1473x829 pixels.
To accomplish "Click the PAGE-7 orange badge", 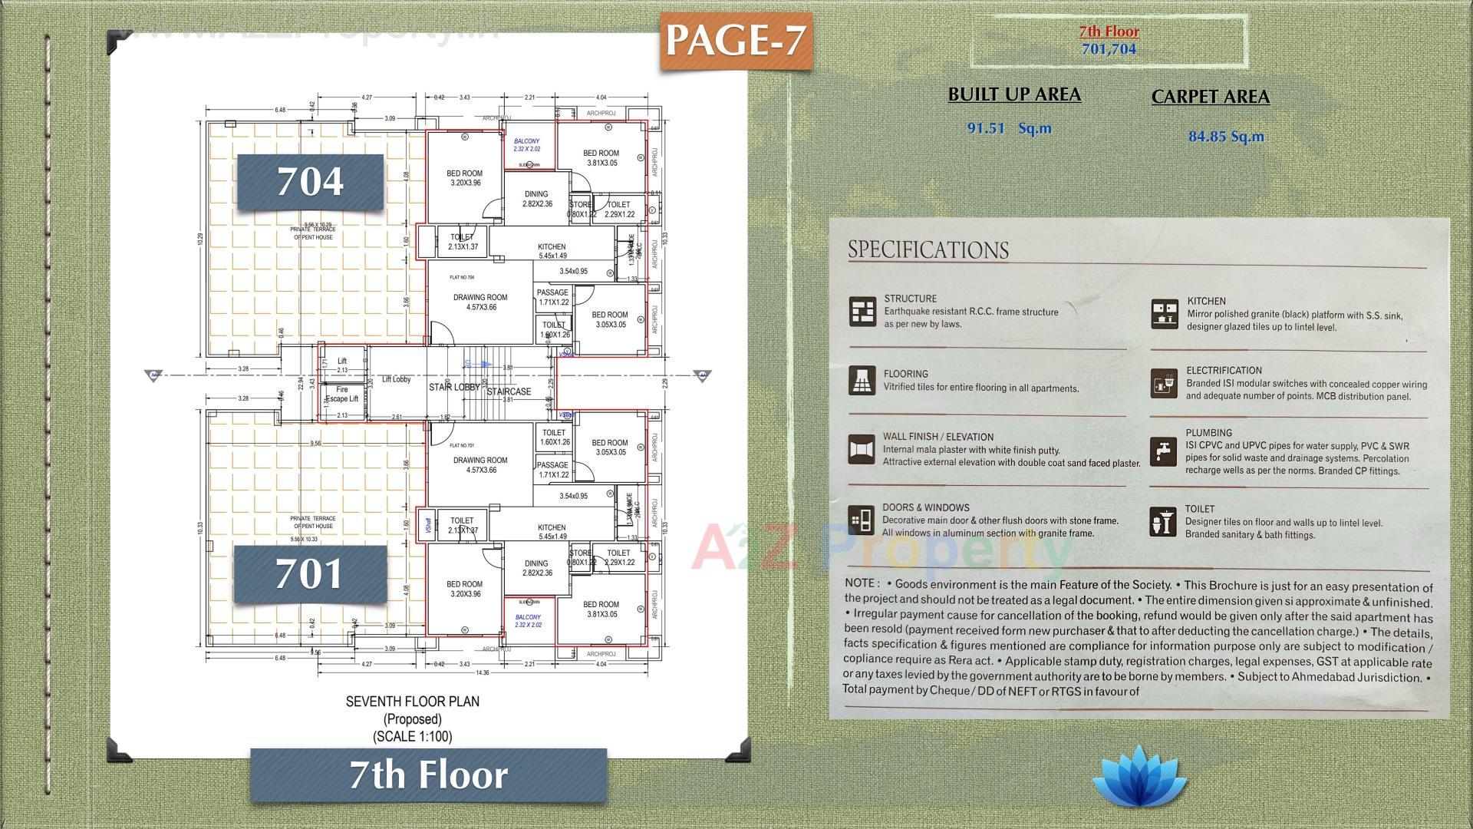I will pyautogui.click(x=735, y=41).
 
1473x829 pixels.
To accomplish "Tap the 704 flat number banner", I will pyautogui.click(x=310, y=182).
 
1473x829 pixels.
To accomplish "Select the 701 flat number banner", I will pyautogui.click(x=309, y=574).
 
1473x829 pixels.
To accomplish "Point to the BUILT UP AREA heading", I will pyautogui.click(x=1014, y=94).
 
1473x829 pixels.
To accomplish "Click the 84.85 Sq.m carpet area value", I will pyautogui.click(x=1226, y=137).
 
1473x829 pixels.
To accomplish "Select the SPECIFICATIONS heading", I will pyautogui.click(x=928, y=249).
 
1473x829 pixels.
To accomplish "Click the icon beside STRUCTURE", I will pyautogui.click(x=862, y=312).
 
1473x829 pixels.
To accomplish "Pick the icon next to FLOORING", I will pyautogui.click(x=862, y=380).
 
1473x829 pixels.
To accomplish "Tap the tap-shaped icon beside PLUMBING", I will pyautogui.click(x=1164, y=451).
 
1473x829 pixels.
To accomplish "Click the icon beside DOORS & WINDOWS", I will pyautogui.click(x=862, y=520).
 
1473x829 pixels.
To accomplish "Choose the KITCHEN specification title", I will pyautogui.click(x=1206, y=301).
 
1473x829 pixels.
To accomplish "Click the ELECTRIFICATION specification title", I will pyautogui.click(x=1224, y=370).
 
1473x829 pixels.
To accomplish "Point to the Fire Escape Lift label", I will pyautogui.click(x=342, y=395).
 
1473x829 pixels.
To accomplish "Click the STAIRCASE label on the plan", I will pyautogui.click(x=509, y=391).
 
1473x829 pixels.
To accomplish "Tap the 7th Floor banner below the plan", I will pyautogui.click(x=428, y=775).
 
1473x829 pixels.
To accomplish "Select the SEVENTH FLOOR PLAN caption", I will pyautogui.click(x=412, y=702).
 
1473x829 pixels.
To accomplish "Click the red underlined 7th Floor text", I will pyautogui.click(x=1109, y=31).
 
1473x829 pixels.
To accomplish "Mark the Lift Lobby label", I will pyautogui.click(x=396, y=379).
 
